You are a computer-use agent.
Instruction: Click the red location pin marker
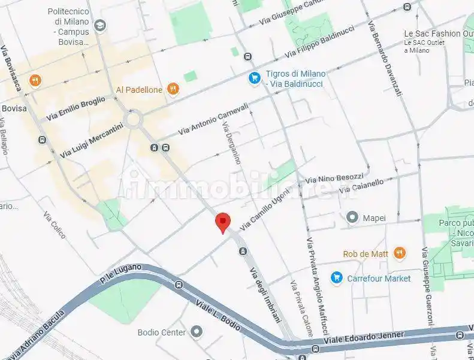point(222,222)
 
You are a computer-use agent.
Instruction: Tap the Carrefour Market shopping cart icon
point(336,278)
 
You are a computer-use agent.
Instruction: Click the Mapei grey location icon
point(352,217)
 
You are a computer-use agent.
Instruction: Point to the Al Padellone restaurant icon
point(173,89)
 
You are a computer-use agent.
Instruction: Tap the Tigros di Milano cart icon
point(255,78)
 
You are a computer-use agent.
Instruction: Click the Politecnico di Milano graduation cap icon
point(100,25)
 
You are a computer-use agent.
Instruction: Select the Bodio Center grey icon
point(197,332)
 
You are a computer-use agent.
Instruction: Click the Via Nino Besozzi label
point(334,177)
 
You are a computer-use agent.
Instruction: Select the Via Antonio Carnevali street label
point(213,118)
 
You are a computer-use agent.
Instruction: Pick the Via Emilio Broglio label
point(75,108)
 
